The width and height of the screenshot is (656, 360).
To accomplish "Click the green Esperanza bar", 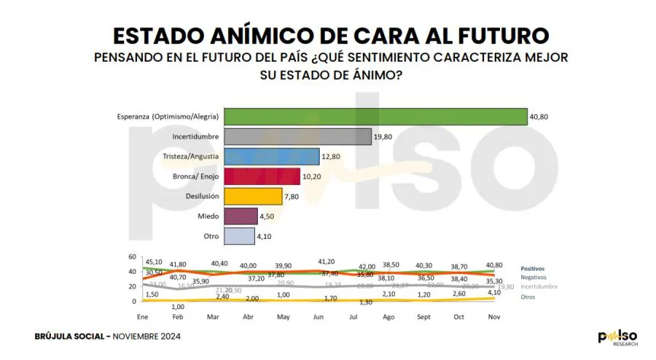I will click(375, 116).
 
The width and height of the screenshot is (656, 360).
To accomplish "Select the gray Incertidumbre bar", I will click(298, 136).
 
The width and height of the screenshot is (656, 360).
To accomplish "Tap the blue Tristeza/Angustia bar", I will click(271, 156).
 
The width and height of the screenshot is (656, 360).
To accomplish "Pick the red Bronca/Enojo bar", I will click(261, 176).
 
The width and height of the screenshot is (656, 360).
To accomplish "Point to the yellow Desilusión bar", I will click(252, 196).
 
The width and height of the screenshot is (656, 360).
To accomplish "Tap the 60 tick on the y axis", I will click(132, 256).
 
